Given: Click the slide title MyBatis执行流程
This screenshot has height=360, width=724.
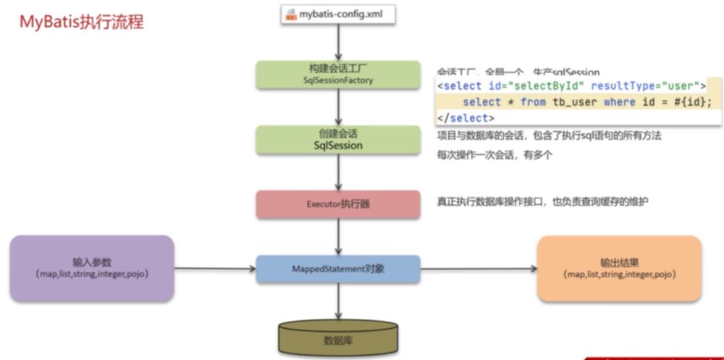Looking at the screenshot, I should (81, 22).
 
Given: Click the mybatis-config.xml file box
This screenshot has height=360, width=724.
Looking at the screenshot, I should (338, 13).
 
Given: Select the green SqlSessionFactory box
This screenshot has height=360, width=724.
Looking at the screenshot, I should (338, 75).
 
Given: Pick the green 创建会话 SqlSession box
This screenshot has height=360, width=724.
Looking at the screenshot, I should (338, 140).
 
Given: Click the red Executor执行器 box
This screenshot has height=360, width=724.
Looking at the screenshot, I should (338, 204).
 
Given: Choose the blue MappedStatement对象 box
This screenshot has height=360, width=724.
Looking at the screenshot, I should (338, 269).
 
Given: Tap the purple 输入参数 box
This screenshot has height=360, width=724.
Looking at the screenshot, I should (92, 268).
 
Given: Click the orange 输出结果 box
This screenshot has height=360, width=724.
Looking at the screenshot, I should (619, 268).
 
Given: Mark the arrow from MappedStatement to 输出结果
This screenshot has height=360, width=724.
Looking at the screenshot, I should (479, 269).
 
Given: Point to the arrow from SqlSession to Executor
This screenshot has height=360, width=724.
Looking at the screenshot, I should (338, 172).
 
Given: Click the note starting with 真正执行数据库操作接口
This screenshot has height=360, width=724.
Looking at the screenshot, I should (542, 201).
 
